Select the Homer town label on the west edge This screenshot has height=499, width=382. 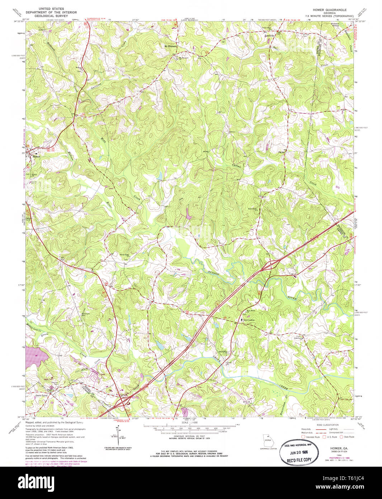[x=36, y=157]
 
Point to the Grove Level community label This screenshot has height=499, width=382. [x=42, y=396]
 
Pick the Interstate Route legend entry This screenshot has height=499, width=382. [x=312, y=437]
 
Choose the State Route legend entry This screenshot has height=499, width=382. [x=347, y=437]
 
